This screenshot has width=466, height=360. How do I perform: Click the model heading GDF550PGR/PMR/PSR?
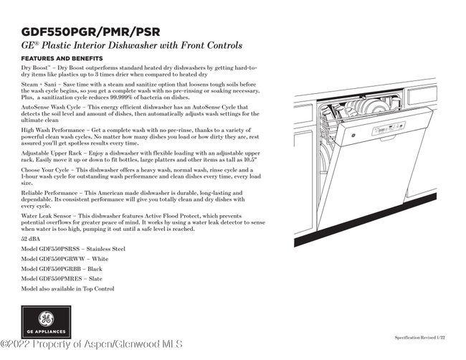tap(90, 32)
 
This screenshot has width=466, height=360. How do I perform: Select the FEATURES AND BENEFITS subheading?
tap(62, 58)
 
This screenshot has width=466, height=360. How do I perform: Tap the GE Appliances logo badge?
tap(46, 322)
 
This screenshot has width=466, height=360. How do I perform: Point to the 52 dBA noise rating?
tap(30, 237)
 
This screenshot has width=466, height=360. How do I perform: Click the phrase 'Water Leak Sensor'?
tap(47, 216)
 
